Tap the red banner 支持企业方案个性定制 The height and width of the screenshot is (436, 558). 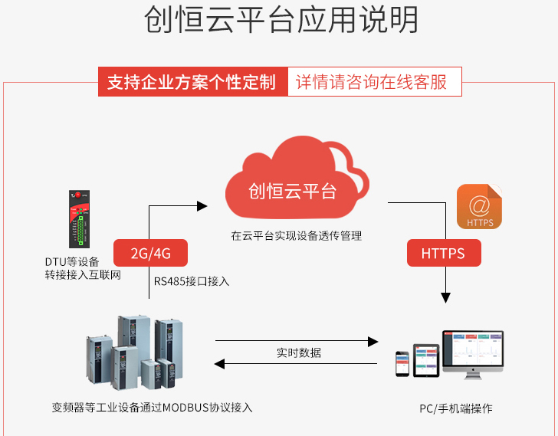point(192,82)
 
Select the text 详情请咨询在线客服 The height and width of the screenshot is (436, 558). point(373,82)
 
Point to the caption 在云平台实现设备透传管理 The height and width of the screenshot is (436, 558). point(296,236)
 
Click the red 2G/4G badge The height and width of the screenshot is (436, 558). point(150,254)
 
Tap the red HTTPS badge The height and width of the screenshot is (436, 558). point(442,254)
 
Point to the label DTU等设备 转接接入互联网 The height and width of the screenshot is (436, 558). point(82,268)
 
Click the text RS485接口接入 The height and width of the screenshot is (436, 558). point(192,281)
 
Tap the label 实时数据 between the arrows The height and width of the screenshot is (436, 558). point(298,352)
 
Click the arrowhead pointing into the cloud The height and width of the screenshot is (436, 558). point(202,205)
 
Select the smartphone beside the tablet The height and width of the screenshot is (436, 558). point(402,364)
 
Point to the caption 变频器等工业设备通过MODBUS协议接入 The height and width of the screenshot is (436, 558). point(152,407)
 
